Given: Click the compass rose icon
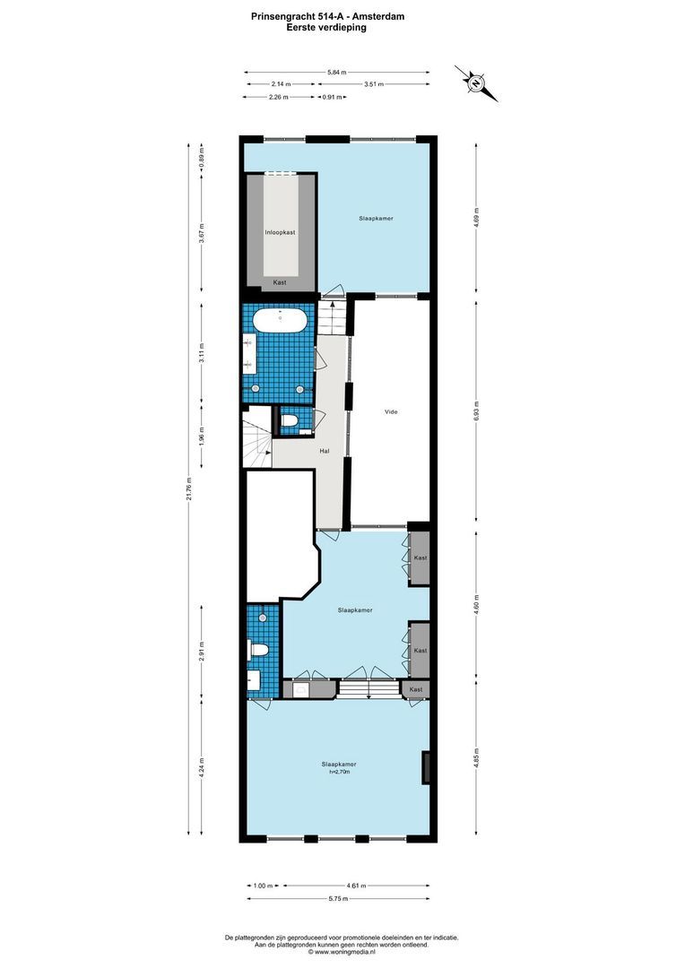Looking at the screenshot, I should tap(475, 83).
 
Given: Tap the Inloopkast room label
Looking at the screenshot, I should tap(280, 232).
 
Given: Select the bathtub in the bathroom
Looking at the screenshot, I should tap(280, 318).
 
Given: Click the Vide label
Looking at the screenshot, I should tap(390, 412).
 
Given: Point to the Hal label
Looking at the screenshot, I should tap(325, 451).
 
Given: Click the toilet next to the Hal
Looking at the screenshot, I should tap(290, 419).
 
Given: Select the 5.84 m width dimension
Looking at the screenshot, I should tap(337, 72).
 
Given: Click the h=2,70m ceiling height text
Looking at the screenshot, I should tap(339, 772).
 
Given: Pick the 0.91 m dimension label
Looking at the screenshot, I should tap(332, 97).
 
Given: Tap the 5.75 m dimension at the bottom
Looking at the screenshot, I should tap(337, 898).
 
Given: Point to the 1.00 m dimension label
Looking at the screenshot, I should tap(262, 886).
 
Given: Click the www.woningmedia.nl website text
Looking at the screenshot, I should tap(342, 952).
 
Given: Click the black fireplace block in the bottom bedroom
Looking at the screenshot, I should tap(427, 767).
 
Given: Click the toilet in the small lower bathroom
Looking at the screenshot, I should tap(257, 648).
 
